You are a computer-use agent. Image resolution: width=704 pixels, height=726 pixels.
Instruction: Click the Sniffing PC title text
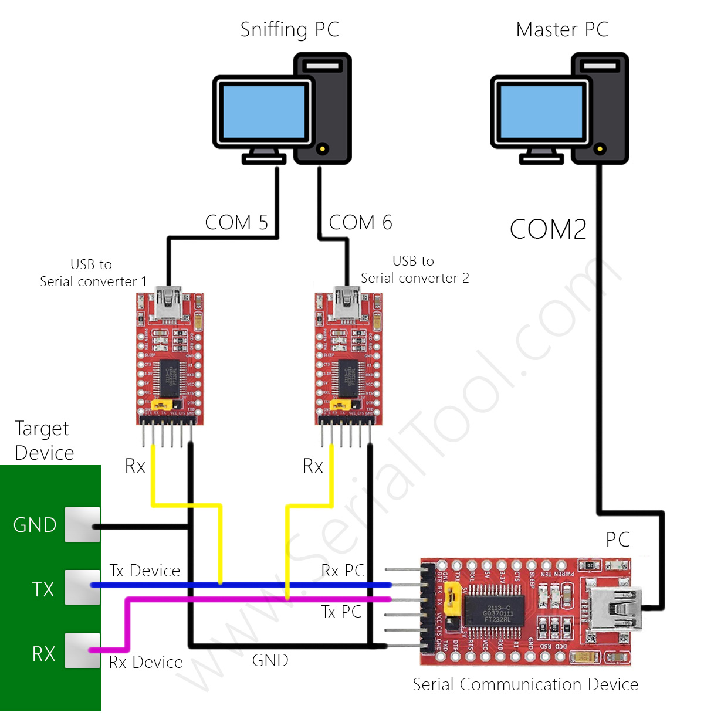(x=290, y=30)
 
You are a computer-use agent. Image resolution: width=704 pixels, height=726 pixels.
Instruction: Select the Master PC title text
(x=562, y=30)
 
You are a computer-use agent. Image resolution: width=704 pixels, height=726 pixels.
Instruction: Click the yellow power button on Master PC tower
(x=599, y=149)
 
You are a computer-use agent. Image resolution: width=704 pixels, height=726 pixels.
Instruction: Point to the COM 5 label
(x=236, y=223)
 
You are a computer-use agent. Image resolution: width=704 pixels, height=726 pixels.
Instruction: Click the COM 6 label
(x=360, y=223)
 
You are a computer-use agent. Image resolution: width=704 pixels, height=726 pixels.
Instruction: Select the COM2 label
(x=548, y=229)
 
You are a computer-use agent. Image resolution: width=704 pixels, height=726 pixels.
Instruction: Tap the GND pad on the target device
(x=82, y=525)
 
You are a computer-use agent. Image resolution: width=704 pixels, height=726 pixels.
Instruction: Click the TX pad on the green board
(x=82, y=587)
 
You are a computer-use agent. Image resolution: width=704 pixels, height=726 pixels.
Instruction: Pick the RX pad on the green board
(x=82, y=650)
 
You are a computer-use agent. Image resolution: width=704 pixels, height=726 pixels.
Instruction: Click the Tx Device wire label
(x=145, y=571)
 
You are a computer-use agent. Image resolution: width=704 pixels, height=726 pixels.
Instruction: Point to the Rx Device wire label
(x=146, y=662)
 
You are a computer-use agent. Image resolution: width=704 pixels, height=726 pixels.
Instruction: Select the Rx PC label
(x=343, y=571)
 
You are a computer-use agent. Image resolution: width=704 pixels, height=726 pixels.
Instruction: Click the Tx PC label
(x=341, y=612)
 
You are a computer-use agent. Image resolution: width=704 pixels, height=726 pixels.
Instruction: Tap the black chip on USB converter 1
(x=170, y=378)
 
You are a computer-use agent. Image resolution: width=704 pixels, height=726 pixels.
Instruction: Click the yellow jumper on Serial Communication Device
(x=452, y=598)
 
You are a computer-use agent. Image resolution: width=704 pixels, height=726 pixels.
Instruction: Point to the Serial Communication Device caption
(x=525, y=684)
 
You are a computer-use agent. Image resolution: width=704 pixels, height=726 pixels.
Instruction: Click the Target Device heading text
(x=44, y=440)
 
